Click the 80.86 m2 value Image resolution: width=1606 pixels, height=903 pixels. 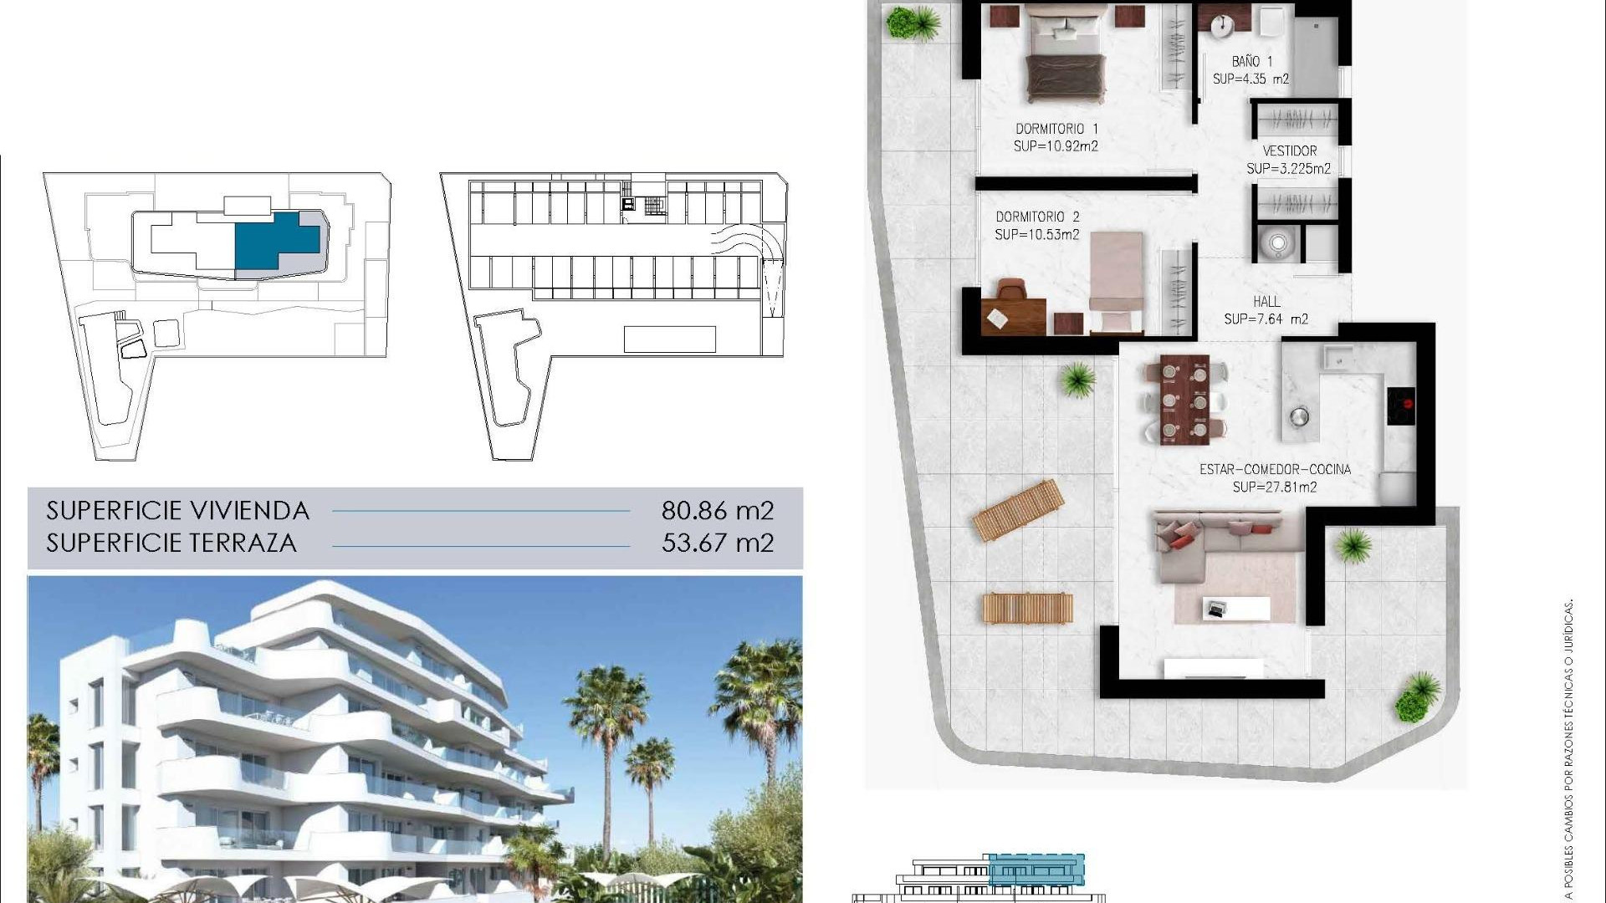(718, 510)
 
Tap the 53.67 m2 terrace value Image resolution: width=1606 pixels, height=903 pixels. (718, 543)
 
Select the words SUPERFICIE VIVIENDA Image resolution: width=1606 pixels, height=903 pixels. (178, 510)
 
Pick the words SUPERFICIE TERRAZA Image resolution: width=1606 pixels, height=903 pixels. (171, 543)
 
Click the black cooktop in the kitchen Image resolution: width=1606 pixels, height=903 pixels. (1401, 406)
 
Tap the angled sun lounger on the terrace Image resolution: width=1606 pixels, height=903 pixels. (1018, 509)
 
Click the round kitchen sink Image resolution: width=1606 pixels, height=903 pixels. (1298, 416)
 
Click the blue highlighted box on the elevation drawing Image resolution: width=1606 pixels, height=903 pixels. (1036, 870)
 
